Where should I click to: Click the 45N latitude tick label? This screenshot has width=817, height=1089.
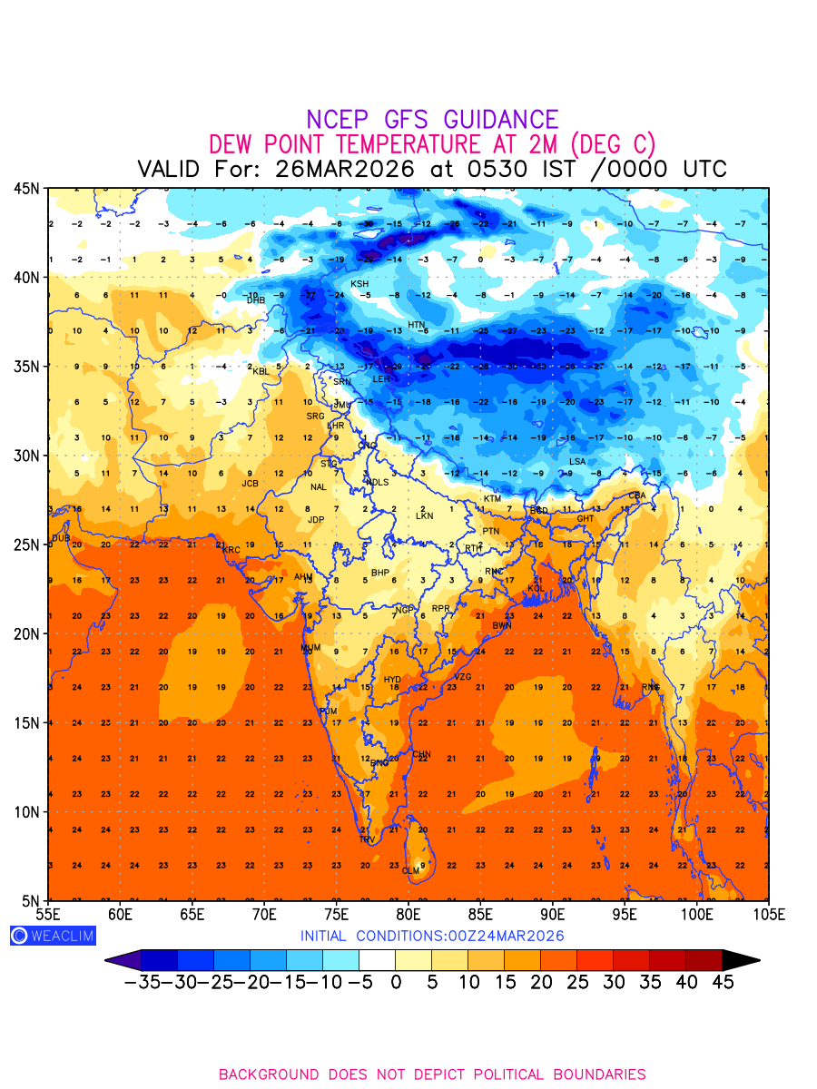click(25, 188)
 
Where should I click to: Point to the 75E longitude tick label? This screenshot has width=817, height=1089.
click(337, 913)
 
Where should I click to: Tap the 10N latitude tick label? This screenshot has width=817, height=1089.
click(25, 811)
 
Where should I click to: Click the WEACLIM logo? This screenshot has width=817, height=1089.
click(53, 936)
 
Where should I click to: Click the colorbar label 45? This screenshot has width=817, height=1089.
click(723, 982)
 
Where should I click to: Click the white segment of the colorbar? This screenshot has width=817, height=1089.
click(377, 959)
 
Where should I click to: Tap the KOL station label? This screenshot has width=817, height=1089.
click(536, 588)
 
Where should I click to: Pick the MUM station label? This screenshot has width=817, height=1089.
click(310, 648)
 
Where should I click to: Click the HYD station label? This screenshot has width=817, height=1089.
click(392, 680)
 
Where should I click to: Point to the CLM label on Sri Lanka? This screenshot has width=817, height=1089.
click(411, 871)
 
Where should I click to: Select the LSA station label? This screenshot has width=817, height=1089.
click(577, 462)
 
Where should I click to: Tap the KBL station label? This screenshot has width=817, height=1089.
click(261, 371)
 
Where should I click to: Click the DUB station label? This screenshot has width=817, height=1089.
click(61, 538)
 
